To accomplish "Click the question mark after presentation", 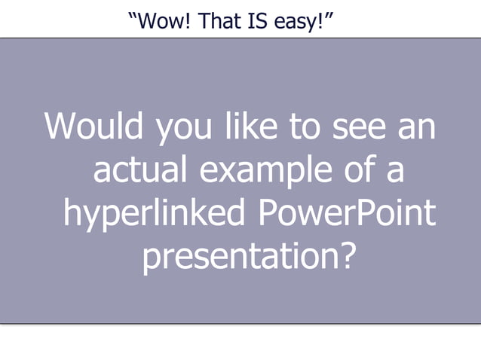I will click(x=344, y=257).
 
